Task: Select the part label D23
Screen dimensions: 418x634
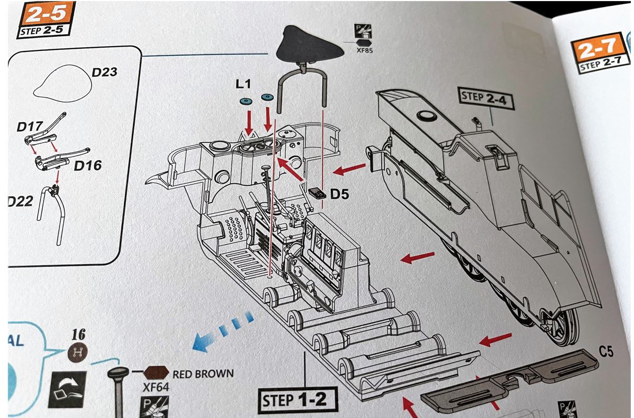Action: tap(104, 72)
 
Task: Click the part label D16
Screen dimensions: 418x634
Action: tap(87, 166)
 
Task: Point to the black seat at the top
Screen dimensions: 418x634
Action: tap(309, 45)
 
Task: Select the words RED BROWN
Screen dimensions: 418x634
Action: tap(203, 374)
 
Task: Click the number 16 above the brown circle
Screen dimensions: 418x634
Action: tap(78, 334)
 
